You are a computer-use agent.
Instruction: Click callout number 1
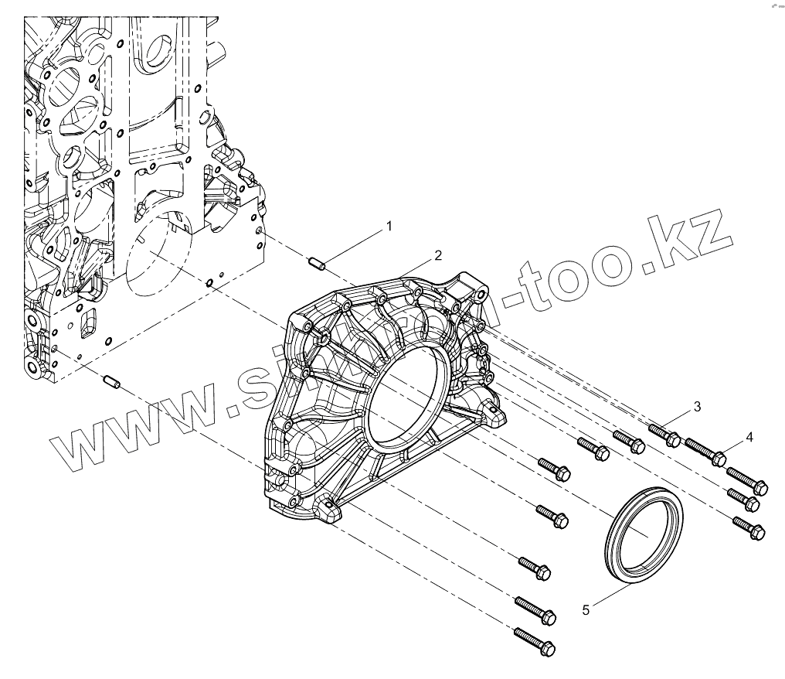[389, 226]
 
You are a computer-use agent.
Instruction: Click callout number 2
[437, 255]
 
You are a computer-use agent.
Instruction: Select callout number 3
[697, 407]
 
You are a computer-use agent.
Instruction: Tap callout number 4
[749, 438]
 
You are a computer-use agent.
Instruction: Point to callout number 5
[586, 610]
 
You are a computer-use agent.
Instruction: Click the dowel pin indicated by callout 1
[318, 264]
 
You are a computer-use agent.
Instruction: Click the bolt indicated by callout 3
[664, 432]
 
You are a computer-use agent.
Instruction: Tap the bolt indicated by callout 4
[705, 451]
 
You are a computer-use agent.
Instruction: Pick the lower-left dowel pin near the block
[110, 382]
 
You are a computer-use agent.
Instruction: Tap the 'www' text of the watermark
[131, 425]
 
